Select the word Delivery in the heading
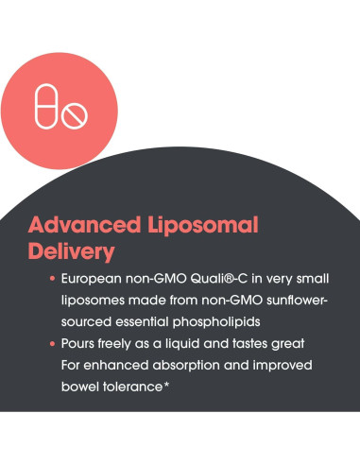[72, 252]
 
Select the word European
[95, 281]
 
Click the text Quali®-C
[209, 281]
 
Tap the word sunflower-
[280, 301]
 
